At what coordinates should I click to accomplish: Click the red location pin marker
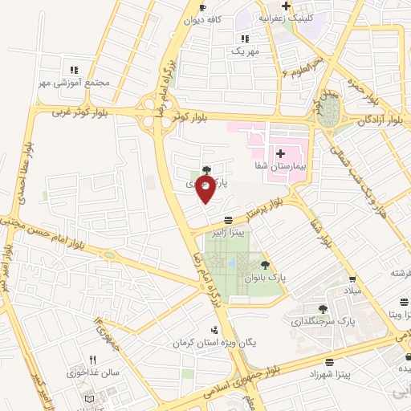(206, 189)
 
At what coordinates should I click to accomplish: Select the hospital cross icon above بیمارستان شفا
(280, 153)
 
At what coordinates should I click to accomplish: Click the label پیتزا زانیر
(229, 233)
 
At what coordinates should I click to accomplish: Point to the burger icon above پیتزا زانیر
(230, 220)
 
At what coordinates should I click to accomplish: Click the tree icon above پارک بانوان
(265, 265)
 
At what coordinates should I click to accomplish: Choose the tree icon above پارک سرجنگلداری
(323, 308)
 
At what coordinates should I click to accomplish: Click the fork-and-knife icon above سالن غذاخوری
(92, 360)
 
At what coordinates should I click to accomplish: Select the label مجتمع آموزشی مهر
(73, 83)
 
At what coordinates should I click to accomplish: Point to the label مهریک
(246, 51)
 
